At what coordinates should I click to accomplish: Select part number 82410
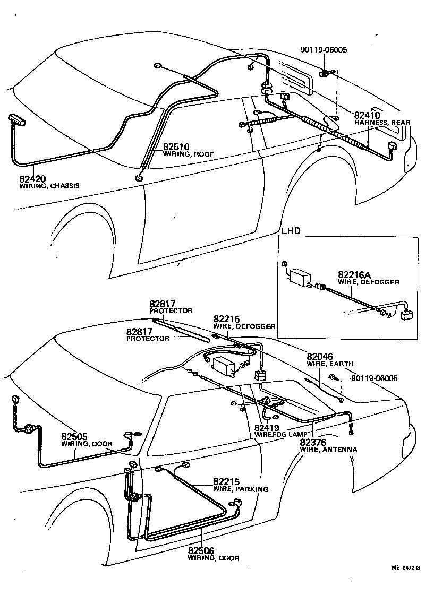pyautogui.click(x=368, y=115)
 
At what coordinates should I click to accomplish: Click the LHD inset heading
pyautogui.click(x=290, y=231)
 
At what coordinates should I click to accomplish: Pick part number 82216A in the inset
pyautogui.click(x=354, y=275)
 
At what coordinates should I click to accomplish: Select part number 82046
pyautogui.click(x=320, y=358)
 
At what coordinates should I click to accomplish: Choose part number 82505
pyautogui.click(x=74, y=436)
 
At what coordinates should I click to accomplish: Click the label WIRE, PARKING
pyautogui.click(x=241, y=489)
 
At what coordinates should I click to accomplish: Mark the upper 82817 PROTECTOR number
pyautogui.click(x=163, y=304)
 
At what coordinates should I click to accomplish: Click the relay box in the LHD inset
pyautogui.click(x=301, y=277)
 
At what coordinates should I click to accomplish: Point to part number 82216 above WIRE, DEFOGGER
pyautogui.click(x=226, y=320)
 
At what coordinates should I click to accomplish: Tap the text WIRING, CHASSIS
pyautogui.click(x=49, y=186)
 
